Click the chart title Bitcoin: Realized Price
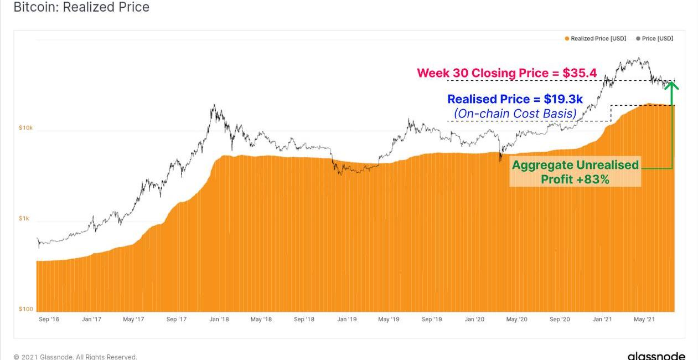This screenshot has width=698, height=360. point(81,7)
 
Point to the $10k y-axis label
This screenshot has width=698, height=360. point(25,128)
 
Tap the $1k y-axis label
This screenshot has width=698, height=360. point(24,218)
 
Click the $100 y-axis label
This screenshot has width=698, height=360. point(25,309)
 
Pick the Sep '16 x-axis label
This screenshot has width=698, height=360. point(49,320)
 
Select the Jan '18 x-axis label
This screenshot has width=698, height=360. point(219,320)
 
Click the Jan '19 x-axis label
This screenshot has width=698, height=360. point(347,320)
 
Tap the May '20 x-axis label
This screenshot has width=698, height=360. point(516,320)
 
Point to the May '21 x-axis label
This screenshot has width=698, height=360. point(644,320)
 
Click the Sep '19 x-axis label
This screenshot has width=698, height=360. point(431,320)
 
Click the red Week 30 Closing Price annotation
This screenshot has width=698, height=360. point(506,73)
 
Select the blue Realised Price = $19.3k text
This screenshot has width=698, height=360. point(515,99)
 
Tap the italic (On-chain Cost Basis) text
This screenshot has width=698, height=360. point(515,114)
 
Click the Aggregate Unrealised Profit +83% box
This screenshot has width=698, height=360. point(575,172)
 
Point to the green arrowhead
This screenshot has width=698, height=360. point(671,85)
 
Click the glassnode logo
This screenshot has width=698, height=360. point(656,356)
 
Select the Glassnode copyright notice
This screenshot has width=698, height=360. point(75,357)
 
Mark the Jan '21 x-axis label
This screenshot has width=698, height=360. point(602,320)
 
